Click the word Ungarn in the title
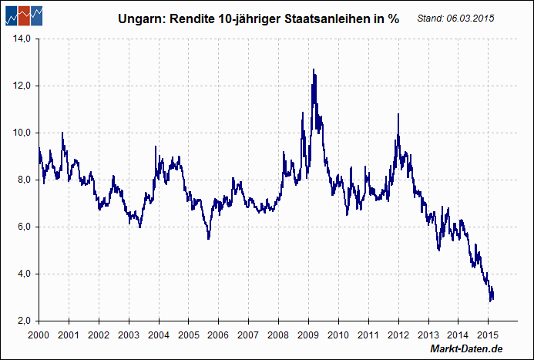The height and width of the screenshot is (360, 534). (x=139, y=19)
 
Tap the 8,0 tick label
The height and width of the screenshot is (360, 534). (x=22, y=180)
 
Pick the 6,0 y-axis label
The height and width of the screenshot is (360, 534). (x=22, y=227)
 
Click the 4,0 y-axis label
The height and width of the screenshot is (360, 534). (x=22, y=274)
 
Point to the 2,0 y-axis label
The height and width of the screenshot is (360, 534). (x=22, y=321)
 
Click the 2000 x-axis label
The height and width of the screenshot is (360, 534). (x=39, y=335)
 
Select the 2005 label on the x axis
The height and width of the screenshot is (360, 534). (x=188, y=335)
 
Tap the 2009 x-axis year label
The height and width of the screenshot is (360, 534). (x=308, y=335)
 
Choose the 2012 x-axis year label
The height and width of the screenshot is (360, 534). (x=398, y=335)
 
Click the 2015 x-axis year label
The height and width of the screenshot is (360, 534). (x=488, y=335)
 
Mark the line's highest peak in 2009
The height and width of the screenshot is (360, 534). (x=313, y=69)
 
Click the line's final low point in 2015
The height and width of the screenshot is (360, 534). (x=491, y=300)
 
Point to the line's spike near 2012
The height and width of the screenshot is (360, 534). (x=398, y=114)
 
